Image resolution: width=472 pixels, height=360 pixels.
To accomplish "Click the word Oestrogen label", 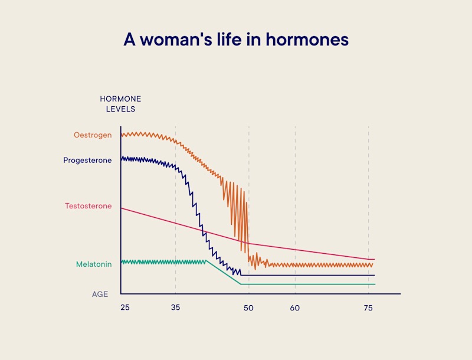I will pos(93,135).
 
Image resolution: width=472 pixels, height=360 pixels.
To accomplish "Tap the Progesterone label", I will pos(87,160).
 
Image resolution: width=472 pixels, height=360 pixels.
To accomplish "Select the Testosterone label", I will pos(88,206).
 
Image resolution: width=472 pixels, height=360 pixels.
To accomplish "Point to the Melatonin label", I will pos(93,264).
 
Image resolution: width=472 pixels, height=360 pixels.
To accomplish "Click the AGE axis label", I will pos(100,294).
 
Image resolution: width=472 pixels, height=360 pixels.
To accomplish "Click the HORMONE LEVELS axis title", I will pos(120,103).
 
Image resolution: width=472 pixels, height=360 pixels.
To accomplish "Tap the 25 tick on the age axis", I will pos(124,307).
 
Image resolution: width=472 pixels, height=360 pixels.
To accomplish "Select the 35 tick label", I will pos(175,307).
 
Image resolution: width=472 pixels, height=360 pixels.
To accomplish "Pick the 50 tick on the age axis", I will pos(249,307).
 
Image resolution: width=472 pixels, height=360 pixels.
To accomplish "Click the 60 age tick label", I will pos(294,307).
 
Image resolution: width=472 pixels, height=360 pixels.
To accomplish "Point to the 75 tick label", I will pos(368,307).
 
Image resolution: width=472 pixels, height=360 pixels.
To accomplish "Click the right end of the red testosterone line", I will pos(374,260).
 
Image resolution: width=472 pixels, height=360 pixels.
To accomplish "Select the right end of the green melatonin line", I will pos(375,284).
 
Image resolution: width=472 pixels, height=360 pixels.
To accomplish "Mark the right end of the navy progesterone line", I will pos(375,275).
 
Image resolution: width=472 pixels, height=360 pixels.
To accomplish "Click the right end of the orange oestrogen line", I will pos(373,265).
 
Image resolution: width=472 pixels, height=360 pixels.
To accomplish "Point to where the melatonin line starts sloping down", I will pos(206,261).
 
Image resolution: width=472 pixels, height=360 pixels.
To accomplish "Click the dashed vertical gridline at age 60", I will pos(295,207).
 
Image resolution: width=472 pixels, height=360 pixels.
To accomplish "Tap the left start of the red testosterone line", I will pos(122,208).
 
